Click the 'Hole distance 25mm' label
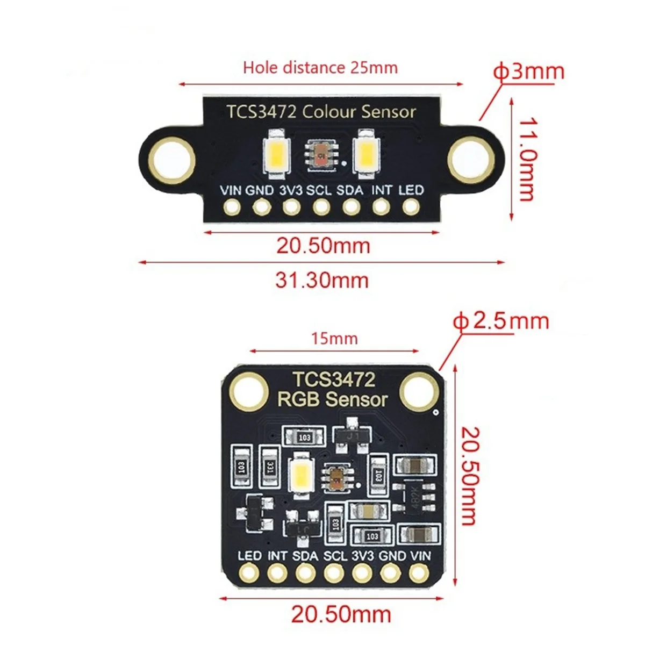[x=320, y=68]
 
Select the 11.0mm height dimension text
[x=526, y=160]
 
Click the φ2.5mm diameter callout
[x=501, y=321]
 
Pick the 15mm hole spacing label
[x=334, y=339]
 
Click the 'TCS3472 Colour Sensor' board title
[x=321, y=112]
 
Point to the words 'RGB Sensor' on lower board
[x=332, y=399]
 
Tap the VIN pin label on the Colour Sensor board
[x=231, y=190]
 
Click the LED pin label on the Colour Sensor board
[x=411, y=190]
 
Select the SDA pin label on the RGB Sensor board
[x=305, y=555]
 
